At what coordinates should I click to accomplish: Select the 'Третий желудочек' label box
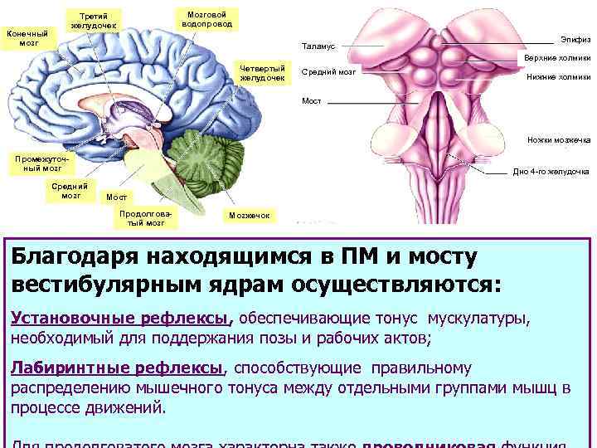tap(94, 21)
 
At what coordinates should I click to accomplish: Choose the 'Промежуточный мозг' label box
tap(38, 162)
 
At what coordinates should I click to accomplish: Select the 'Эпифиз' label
tap(574, 39)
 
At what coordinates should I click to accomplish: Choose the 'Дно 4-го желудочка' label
tap(551, 172)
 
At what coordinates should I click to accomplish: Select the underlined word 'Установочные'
tap(62, 319)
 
